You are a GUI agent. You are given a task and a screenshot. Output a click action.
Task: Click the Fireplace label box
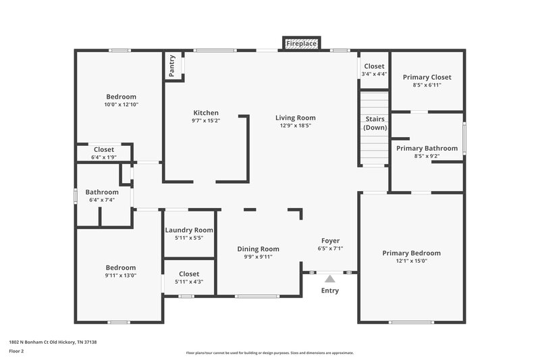(x=301, y=43)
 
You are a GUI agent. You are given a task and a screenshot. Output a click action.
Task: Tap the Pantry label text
(x=171, y=66)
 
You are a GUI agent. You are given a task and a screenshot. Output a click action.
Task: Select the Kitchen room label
(x=206, y=113)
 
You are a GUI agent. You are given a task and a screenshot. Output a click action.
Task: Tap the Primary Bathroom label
(x=427, y=148)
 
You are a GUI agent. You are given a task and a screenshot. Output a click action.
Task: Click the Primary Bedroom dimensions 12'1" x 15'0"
(x=411, y=261)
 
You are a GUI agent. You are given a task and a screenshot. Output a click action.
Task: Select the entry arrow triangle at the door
(x=329, y=278)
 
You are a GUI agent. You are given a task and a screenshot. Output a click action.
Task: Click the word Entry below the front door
(x=329, y=290)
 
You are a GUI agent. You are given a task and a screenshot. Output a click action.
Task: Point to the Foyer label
(x=330, y=240)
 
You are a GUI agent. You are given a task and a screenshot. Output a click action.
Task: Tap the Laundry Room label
(x=189, y=230)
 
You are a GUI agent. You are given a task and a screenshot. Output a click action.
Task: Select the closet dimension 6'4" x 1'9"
(x=104, y=157)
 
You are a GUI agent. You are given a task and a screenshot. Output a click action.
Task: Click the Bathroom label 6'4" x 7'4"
(x=102, y=200)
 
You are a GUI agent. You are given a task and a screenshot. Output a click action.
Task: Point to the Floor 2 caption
(x=16, y=351)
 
